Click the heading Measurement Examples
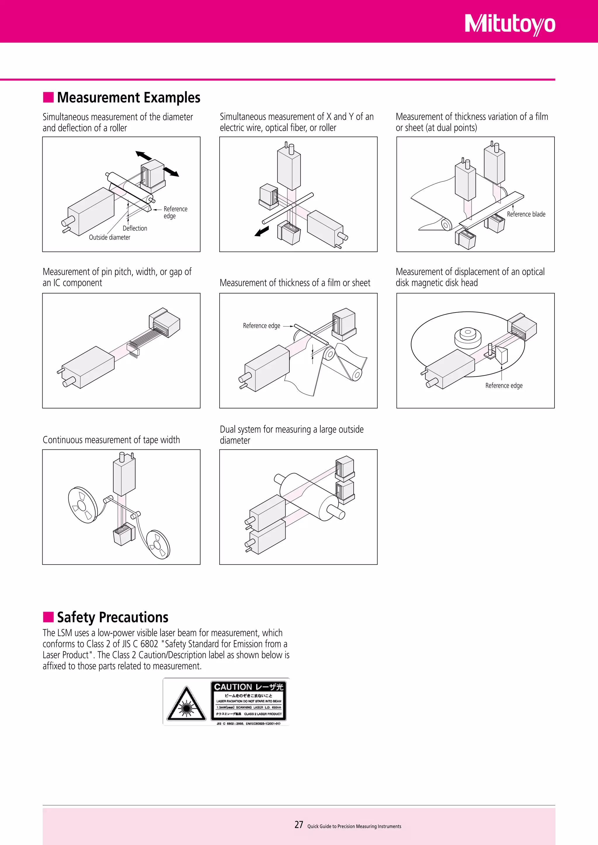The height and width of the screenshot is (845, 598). tap(128, 97)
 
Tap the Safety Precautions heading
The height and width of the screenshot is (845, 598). tap(112, 617)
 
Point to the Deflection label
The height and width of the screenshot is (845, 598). tap(135, 228)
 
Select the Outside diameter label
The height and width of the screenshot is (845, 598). tap(109, 238)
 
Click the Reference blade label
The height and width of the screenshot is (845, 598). tap(526, 214)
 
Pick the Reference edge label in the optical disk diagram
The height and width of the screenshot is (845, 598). tap(504, 385)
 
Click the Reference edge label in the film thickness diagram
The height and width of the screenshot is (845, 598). tap(261, 326)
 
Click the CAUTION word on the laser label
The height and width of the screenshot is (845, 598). tap(233, 687)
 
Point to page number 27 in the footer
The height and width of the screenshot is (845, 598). tap(299, 825)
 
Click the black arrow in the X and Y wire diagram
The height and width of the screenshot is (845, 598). tap(262, 231)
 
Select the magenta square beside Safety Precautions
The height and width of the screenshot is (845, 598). tap(48, 617)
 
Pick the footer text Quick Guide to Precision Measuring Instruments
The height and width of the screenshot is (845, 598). tap(354, 826)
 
